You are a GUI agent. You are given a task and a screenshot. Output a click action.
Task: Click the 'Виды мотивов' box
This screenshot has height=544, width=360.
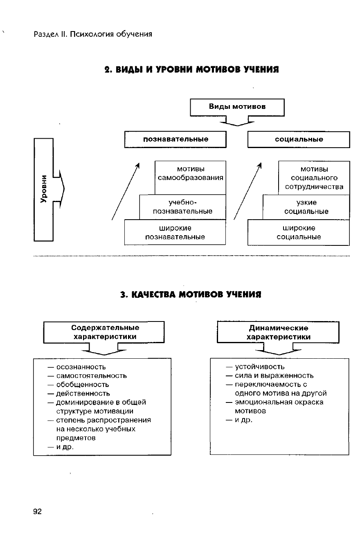pos(237,107)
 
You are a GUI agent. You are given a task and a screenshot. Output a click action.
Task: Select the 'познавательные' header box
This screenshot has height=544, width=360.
pos(175,139)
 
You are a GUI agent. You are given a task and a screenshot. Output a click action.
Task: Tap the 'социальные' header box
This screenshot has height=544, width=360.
pos(299,139)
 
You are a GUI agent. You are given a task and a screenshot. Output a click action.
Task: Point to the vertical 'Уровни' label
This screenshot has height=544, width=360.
pos(44,189)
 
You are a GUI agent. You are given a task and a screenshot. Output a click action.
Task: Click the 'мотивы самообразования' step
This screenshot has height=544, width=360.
pos(191,173)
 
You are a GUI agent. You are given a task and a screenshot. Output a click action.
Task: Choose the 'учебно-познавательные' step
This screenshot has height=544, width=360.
pos(182,207)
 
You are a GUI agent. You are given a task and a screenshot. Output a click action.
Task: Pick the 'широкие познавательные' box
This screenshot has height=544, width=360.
pos(175,232)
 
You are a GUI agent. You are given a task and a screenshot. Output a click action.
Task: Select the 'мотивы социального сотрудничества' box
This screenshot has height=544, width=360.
pos(314,178)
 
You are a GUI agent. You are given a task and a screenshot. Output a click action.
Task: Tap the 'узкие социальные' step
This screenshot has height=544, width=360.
pos(306,207)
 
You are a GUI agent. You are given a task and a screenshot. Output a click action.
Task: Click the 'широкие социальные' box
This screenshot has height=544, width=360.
pos(299,232)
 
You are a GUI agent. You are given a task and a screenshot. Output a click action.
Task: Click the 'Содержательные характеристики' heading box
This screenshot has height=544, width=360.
pos(105,332)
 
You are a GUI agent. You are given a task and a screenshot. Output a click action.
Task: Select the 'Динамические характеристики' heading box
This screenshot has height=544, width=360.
pos(278,332)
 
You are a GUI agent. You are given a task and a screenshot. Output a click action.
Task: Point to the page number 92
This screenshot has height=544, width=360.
pos(37,512)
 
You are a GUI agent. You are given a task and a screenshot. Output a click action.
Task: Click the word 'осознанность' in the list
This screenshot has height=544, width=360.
pos(81,366)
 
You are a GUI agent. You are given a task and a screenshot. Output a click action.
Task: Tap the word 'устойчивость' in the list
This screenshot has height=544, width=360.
pos(259,366)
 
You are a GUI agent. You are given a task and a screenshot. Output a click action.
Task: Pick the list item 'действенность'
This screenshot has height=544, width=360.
pos(83,393)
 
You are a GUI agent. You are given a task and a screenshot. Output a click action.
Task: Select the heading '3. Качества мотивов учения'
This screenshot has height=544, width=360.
pos(191,294)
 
